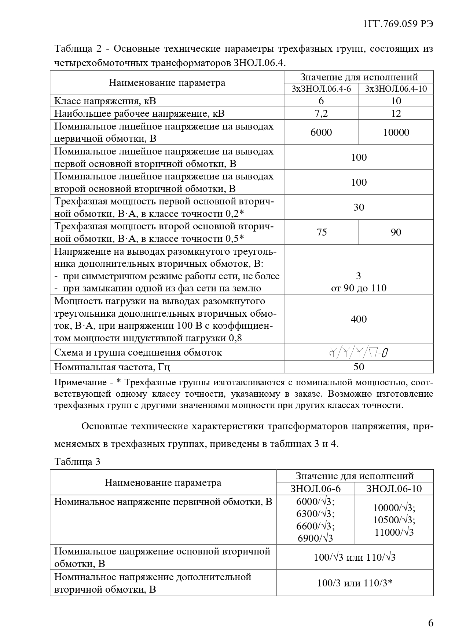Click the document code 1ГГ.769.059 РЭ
pos(398,24)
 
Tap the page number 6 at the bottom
pos(430,623)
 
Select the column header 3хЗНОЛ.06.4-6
pos(321,89)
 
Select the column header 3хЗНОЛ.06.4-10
pos(396,89)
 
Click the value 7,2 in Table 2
pos(321,113)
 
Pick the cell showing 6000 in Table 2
pos(321,132)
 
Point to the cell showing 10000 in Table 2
pos(396,132)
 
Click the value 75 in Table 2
pos(321,232)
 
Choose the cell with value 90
pos(396,232)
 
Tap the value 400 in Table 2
pos(359,319)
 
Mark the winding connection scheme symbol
pos(359,353)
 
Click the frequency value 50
pos(359,367)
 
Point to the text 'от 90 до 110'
pos(359,288)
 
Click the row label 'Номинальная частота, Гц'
pos(112,367)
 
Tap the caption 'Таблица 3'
pos(77,462)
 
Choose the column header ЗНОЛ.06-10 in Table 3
pos(394,489)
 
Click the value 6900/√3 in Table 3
pos(315,538)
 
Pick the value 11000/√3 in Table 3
pos(394,532)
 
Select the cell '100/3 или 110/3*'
pos(355,583)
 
